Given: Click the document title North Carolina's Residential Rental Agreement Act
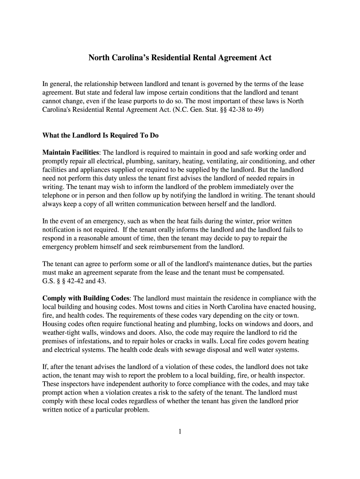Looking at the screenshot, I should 180,58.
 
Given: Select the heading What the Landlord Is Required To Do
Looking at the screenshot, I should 101,136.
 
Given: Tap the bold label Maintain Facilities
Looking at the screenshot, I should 71,152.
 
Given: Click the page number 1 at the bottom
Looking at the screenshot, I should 180,431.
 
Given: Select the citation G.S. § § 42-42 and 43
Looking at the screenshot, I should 74,281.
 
